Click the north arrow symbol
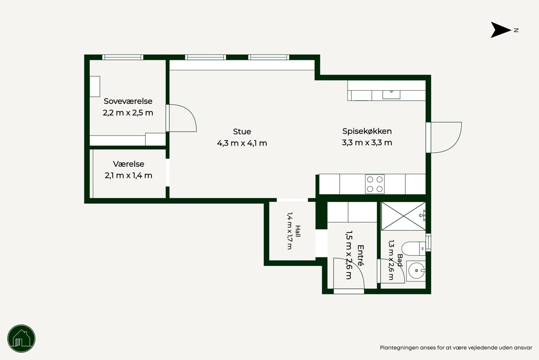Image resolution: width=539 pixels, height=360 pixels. (500, 30)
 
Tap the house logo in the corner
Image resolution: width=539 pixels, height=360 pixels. (22, 338)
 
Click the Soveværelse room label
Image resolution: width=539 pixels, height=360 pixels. (128, 101)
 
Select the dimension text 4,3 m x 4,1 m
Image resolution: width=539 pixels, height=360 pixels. (242, 143)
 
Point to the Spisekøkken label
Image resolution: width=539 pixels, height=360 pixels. (367, 131)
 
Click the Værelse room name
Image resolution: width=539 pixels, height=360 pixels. (128, 164)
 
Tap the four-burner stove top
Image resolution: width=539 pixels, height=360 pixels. (375, 184)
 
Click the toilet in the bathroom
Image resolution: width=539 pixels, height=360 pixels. (413, 249)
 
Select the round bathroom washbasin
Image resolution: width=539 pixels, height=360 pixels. (416, 271)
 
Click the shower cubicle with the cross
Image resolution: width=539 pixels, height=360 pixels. (403, 216)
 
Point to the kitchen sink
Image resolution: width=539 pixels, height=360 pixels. (391, 94)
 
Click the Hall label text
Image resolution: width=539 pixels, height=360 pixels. (298, 231)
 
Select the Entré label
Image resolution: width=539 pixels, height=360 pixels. (360, 255)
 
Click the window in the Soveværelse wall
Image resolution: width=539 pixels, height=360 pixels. (123, 58)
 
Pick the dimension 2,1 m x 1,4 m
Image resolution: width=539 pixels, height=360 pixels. (128, 176)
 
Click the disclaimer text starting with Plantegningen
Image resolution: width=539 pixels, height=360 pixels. (456, 348)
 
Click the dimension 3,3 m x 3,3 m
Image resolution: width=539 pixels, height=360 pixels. (367, 143)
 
